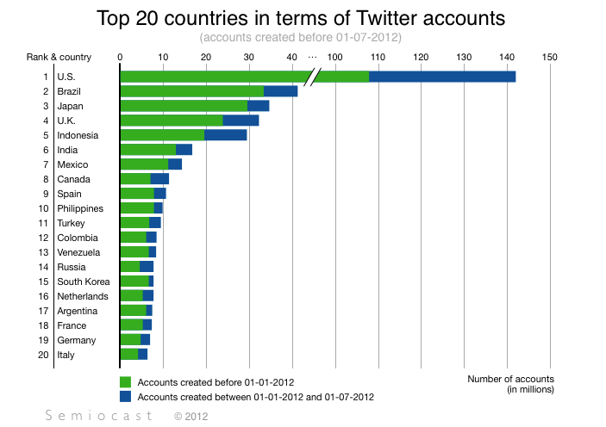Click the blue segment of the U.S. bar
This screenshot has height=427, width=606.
(x=441, y=77)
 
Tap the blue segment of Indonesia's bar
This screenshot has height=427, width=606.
(x=225, y=135)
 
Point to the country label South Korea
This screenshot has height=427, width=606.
(x=83, y=282)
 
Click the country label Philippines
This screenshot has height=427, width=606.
(x=80, y=208)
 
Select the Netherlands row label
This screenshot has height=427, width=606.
(x=83, y=296)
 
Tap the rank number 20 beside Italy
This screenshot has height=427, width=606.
(x=43, y=355)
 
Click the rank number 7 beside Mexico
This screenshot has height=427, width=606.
(x=46, y=164)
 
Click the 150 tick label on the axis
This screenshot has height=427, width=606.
(x=550, y=57)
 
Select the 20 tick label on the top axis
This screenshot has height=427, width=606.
(x=205, y=57)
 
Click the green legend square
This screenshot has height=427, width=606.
(x=125, y=381)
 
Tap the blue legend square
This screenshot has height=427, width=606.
(x=125, y=397)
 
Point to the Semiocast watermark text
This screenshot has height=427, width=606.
(x=98, y=416)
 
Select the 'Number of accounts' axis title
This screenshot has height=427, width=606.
(x=510, y=379)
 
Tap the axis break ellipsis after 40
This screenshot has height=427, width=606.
(x=312, y=57)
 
